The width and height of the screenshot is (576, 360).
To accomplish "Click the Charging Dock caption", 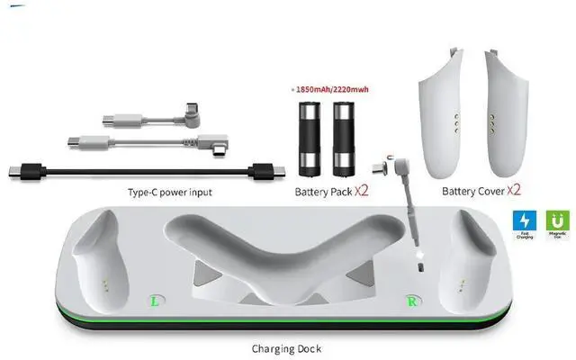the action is pyautogui.click(x=287, y=346).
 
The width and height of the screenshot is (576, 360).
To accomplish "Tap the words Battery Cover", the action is pyautogui.click(x=472, y=192).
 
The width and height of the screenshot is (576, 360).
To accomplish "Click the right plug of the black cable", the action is pyautogui.click(x=265, y=171).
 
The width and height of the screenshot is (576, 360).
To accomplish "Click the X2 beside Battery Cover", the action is pyautogui.click(x=517, y=191).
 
